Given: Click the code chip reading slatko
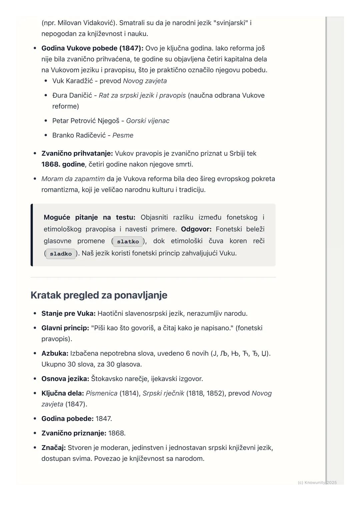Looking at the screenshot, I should click(128, 242).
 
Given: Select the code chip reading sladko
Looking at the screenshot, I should click(61, 254).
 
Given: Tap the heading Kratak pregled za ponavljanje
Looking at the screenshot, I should click(99, 295).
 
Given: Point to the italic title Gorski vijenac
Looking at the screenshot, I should click(148, 121).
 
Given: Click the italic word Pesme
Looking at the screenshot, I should click(123, 135).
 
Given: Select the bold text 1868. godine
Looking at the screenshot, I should click(63, 165).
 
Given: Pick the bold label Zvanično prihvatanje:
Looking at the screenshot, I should click(77, 154).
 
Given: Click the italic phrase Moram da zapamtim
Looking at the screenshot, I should click(73, 179).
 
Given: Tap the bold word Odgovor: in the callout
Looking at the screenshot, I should click(196, 229).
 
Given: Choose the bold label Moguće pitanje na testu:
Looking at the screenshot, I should click(89, 218).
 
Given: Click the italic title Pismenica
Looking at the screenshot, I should click(101, 393).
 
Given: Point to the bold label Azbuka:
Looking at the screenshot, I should click(55, 353).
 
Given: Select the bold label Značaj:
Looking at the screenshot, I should click(53, 448).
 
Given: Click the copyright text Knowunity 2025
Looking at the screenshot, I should click(317, 482).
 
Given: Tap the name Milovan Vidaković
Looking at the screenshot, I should click(86, 23).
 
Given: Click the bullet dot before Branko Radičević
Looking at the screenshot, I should click(46, 135).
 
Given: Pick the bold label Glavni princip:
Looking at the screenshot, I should click(65, 328).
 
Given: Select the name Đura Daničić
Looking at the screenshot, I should click(72, 96).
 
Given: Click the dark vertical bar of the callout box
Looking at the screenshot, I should click(32, 235).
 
